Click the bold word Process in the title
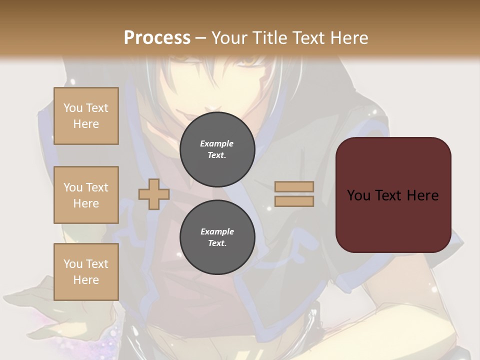tap(157, 38)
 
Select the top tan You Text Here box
tap(86, 116)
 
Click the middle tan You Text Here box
tap(86, 195)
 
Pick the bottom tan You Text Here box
tap(86, 271)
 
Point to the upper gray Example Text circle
tap(217, 149)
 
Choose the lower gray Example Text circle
tap(217, 237)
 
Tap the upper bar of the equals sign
tap(294, 187)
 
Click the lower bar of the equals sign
tap(294, 201)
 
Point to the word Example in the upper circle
tap(217, 144)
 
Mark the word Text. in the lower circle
tap(217, 243)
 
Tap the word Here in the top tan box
tap(86, 124)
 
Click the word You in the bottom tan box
tap(73, 264)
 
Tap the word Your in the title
tap(230, 38)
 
